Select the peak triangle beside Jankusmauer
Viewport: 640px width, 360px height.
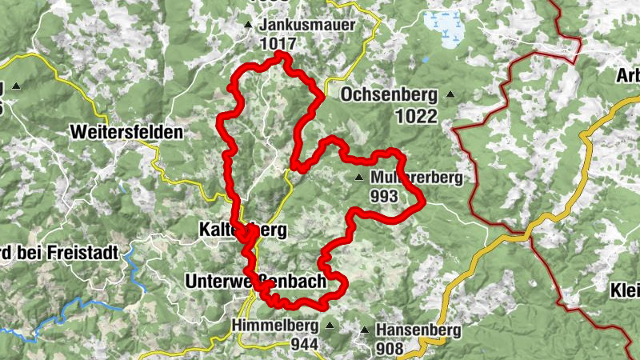click(x=249, y=25)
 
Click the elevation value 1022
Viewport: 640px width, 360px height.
click(x=416, y=116)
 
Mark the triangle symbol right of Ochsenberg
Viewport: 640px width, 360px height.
click(x=450, y=95)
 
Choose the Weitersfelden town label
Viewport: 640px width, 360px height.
click(x=126, y=131)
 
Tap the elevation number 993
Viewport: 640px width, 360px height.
click(x=385, y=194)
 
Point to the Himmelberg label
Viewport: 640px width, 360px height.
click(x=275, y=326)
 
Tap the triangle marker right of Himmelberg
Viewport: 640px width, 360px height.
click(x=330, y=326)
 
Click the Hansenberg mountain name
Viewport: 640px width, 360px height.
click(x=419, y=330)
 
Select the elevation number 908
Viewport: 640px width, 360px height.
click(x=392, y=348)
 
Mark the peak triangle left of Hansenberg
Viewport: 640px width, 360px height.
click(x=366, y=330)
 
